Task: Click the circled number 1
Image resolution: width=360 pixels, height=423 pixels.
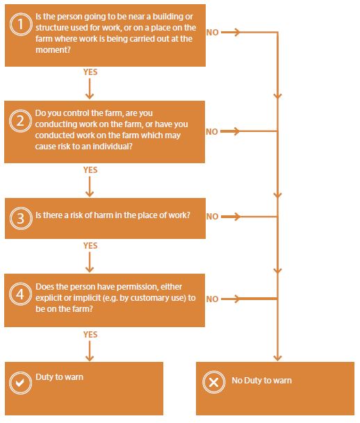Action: [21, 24]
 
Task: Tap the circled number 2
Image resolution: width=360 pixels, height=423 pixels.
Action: [20, 121]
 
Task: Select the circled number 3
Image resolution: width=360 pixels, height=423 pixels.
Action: [21, 218]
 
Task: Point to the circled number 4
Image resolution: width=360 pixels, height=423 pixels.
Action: [20, 294]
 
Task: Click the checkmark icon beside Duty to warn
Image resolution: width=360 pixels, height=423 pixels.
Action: [20, 383]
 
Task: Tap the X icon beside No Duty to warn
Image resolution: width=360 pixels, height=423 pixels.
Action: [214, 382]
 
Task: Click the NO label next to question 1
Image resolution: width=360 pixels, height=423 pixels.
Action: [213, 33]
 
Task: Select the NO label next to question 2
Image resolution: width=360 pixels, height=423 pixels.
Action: [212, 132]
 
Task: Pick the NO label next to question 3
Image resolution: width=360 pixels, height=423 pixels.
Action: [213, 216]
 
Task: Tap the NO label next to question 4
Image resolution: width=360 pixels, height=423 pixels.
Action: [213, 299]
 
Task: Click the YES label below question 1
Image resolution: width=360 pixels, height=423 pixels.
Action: [90, 72]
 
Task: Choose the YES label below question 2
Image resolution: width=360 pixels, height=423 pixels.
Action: [90, 170]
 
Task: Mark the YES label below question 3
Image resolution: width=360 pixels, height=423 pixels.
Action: [90, 245]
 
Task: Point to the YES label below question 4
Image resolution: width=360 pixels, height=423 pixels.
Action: [90, 335]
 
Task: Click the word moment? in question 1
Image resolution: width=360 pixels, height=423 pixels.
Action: [53, 49]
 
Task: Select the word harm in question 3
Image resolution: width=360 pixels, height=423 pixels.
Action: [104, 215]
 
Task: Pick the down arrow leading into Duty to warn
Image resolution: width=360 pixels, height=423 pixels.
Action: [90, 351]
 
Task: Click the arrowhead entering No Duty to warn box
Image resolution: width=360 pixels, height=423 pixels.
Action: [277, 358]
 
